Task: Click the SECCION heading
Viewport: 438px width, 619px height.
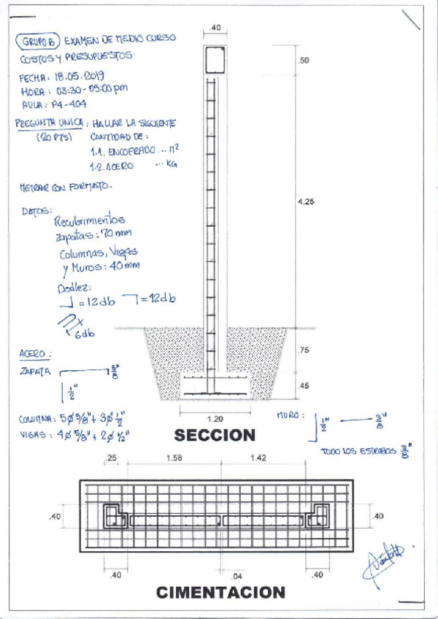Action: pos(214,436)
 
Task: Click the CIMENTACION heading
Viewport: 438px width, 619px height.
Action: pos(220,592)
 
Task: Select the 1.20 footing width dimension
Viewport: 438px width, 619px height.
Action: pos(215,420)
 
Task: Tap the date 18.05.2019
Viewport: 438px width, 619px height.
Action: pos(80,76)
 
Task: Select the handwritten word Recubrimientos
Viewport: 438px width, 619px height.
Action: pos(90,219)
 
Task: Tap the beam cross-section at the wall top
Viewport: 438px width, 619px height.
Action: pos(215,59)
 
